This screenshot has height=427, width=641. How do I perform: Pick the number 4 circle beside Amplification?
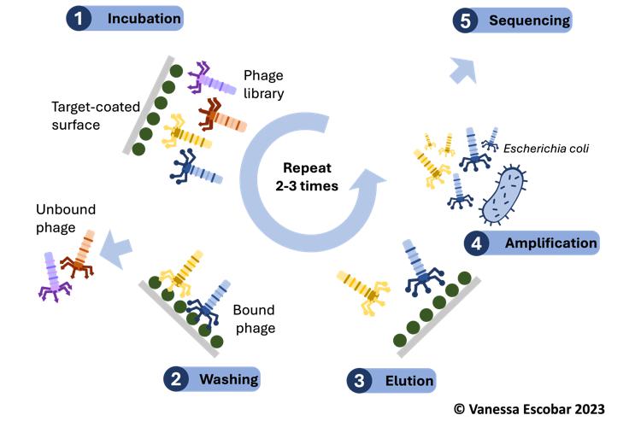click(476, 243)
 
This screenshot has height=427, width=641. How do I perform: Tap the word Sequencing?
click(524, 20)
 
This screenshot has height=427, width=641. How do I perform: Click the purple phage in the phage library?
click(210, 79)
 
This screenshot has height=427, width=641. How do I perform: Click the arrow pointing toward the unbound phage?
click(116, 248)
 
